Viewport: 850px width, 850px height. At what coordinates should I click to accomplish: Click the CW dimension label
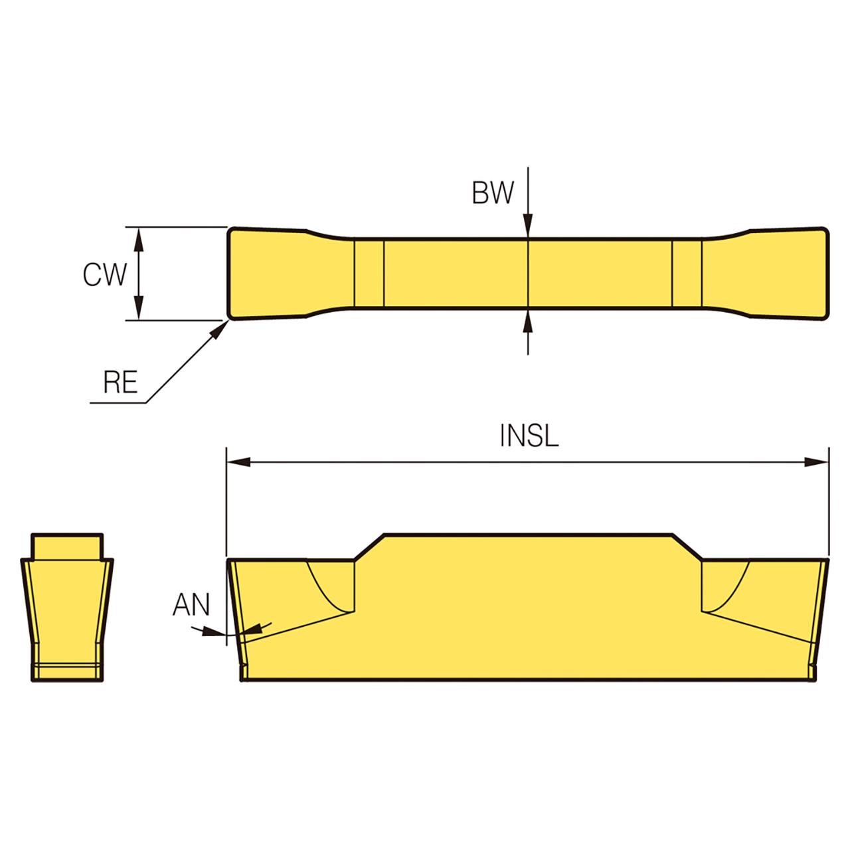(104, 275)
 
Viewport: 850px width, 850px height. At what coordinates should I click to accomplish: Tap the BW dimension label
(493, 193)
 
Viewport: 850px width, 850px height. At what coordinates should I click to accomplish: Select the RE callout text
(120, 382)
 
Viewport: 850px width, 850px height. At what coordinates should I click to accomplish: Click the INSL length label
(529, 436)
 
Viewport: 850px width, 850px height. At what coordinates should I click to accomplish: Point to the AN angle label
(191, 605)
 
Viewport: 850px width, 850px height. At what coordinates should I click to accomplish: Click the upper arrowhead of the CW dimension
(139, 238)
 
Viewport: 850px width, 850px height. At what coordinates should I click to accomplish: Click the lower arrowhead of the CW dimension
(139, 308)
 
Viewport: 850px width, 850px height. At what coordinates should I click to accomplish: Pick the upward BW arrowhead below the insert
(528, 321)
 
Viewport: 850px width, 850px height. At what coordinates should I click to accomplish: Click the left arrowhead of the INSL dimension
(239, 462)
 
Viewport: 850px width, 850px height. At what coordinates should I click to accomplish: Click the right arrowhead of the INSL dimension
(817, 462)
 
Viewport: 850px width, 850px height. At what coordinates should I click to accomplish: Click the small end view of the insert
(67, 608)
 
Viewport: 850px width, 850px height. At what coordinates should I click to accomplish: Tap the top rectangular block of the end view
(67, 546)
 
